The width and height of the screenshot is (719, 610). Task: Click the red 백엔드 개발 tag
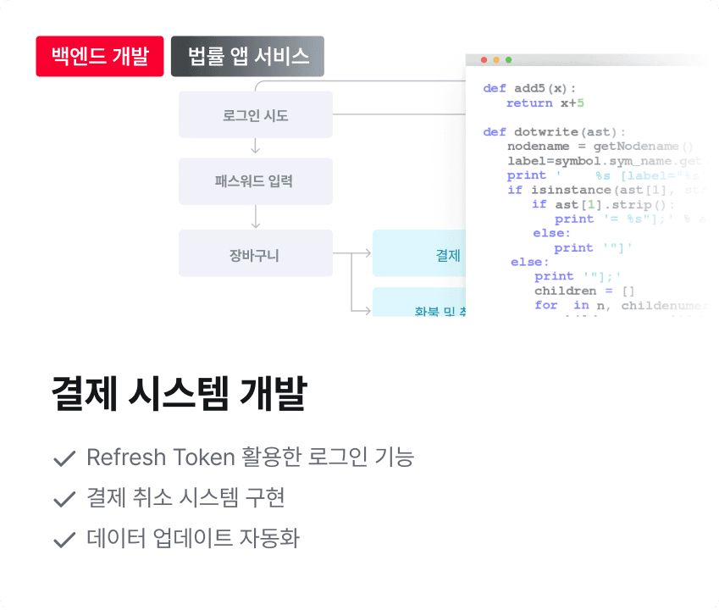(100, 57)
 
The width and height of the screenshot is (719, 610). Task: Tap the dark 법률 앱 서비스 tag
(247, 57)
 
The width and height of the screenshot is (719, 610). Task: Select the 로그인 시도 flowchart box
(255, 114)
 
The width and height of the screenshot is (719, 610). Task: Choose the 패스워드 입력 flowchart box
(255, 181)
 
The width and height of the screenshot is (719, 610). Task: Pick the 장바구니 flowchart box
(255, 252)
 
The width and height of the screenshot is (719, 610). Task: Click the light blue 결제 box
(419, 255)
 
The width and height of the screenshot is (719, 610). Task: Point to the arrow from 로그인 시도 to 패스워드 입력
(256, 148)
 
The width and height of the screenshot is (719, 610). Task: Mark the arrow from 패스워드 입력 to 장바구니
(256, 217)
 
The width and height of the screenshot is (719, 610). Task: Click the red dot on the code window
(484, 60)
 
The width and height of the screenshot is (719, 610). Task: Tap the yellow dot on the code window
(496, 60)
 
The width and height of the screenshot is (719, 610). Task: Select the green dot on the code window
(508, 60)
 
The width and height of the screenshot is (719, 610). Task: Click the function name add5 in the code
(529, 88)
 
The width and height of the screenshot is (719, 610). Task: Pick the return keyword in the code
(530, 103)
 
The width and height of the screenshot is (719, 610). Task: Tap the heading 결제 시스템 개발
(179, 394)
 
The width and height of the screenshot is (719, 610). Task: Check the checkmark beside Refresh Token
(64, 459)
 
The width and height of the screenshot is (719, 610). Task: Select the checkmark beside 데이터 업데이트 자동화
(64, 540)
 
